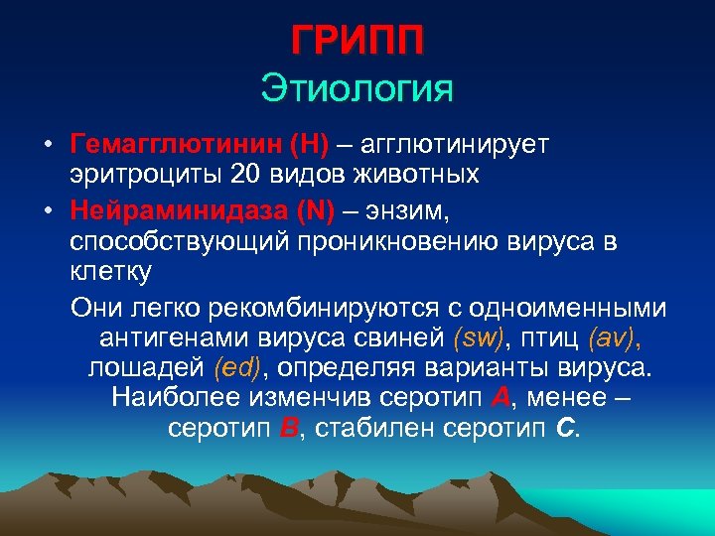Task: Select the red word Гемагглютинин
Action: pyautogui.click(x=175, y=145)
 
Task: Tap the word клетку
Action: pyautogui.click(x=109, y=271)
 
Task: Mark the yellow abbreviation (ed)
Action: pyautogui.click(x=238, y=368)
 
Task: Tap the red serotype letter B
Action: pyautogui.click(x=289, y=430)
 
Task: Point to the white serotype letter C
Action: pyautogui.click(x=565, y=430)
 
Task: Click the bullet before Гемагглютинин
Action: pyautogui.click(x=48, y=146)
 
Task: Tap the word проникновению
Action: pyautogui.click(x=414, y=240)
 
